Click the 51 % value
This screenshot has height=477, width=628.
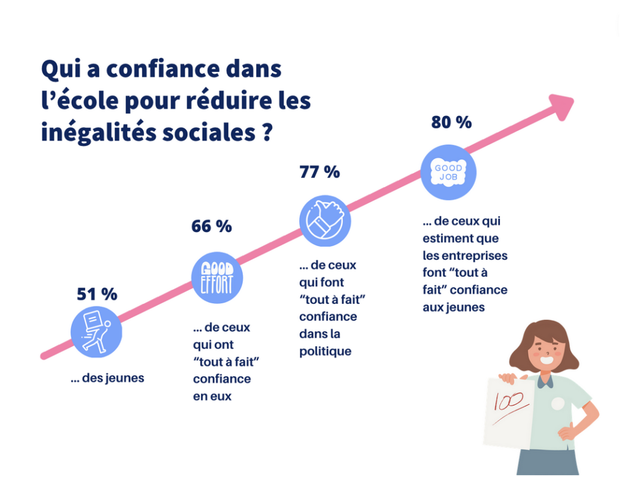click(97, 295)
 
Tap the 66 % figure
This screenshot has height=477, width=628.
click(212, 227)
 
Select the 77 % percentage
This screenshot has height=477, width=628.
click(320, 172)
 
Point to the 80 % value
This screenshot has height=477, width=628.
click(451, 122)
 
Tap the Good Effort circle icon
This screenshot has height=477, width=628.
click(217, 278)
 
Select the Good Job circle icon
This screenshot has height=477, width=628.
click(448, 173)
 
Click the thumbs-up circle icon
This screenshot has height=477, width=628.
click(324, 220)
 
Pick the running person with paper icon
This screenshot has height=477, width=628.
click(96, 332)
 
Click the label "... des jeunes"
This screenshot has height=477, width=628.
click(107, 378)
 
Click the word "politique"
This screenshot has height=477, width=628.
click(325, 352)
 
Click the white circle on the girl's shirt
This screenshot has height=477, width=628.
click(557, 403)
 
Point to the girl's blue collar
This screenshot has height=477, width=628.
click(545, 381)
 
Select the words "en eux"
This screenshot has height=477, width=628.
click(212, 396)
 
